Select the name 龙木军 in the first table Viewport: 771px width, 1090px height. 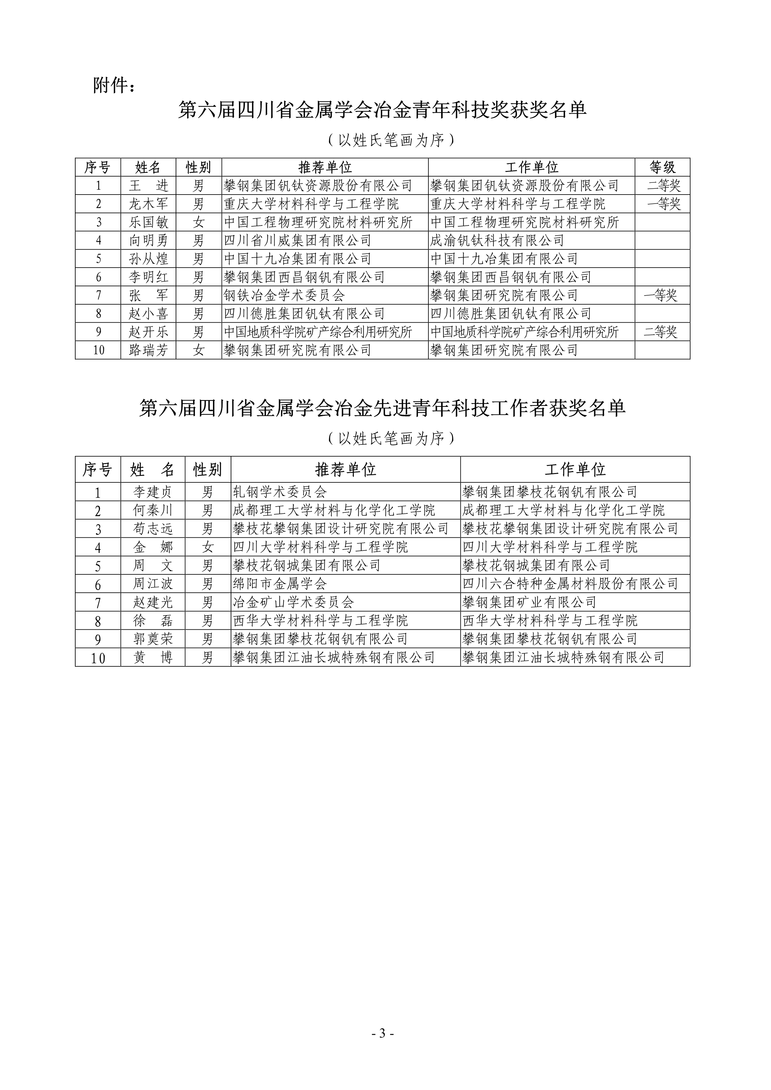point(148,204)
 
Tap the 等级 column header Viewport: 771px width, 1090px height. point(662,167)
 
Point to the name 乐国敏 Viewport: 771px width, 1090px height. point(148,222)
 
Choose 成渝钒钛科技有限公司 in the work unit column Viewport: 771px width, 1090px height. point(497,241)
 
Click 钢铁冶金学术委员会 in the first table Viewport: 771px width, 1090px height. point(284,295)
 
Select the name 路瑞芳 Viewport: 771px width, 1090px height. point(148,350)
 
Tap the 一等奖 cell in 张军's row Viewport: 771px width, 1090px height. point(660,295)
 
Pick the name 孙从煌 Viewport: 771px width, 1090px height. point(148,259)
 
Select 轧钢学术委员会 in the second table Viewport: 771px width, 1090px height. point(279,492)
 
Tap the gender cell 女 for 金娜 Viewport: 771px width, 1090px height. point(207,547)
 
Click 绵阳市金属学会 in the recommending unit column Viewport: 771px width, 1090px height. point(279,584)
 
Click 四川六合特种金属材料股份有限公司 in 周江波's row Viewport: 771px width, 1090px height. point(570,584)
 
